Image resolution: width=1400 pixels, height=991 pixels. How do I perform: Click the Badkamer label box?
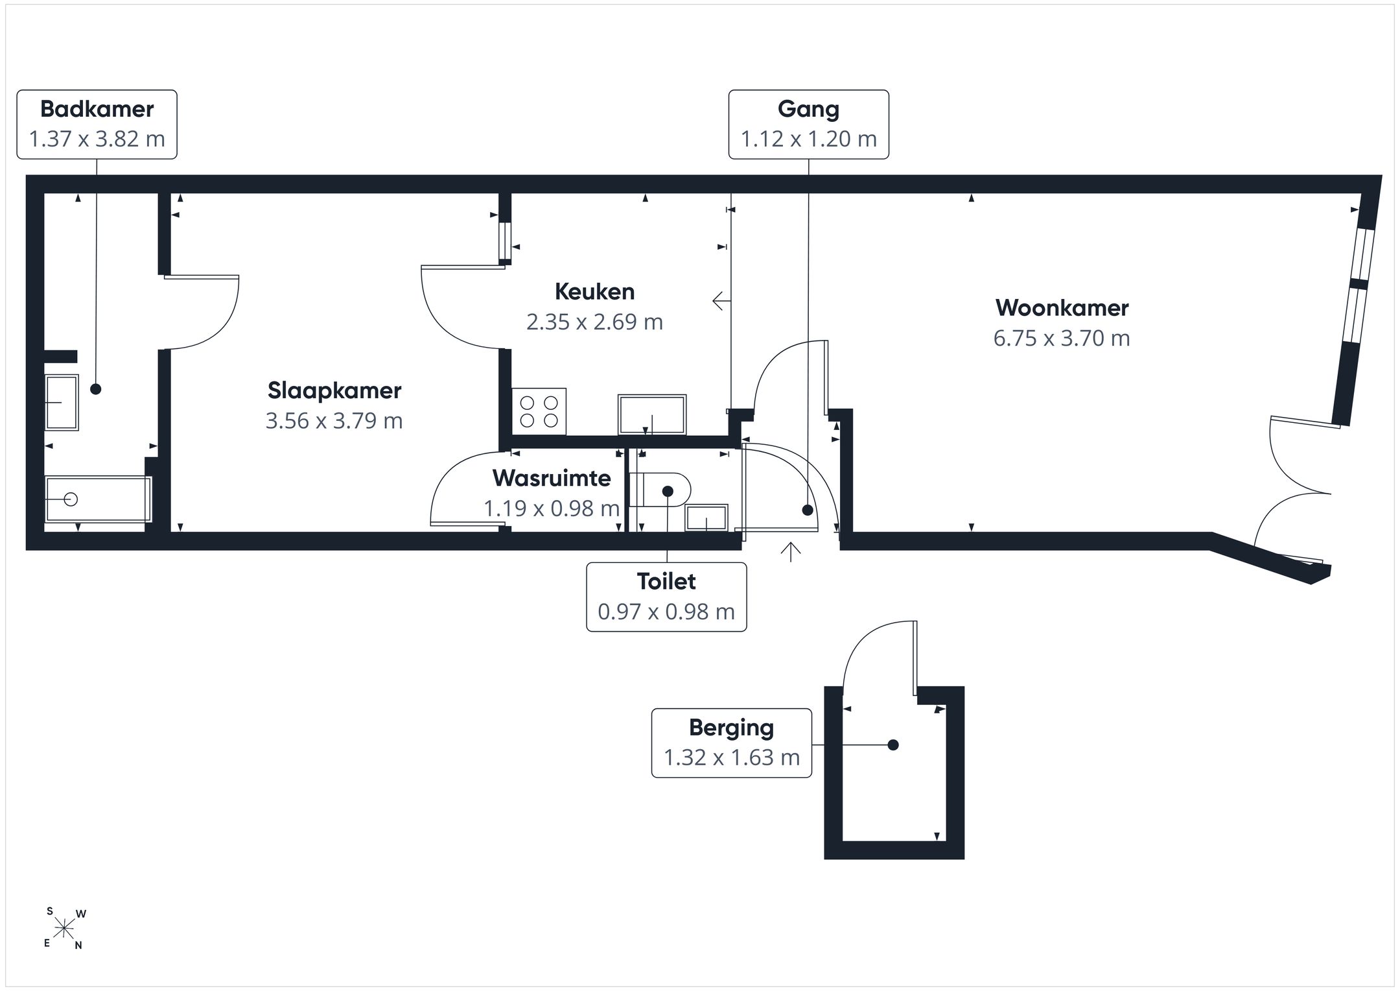tap(97, 125)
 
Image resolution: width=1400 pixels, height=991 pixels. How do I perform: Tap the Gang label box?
tap(808, 125)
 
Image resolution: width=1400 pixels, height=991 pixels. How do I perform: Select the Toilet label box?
tap(666, 597)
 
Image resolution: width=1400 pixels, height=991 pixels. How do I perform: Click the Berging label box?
tap(731, 743)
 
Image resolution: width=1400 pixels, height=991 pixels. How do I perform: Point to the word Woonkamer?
tap(1062, 307)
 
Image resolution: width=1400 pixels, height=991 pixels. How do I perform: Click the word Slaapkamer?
tap(334, 390)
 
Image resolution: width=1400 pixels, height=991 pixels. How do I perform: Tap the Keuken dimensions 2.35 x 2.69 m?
tap(594, 322)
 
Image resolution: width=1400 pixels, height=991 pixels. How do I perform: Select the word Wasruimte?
tap(552, 478)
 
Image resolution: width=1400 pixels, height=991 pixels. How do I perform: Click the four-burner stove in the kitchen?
tap(539, 412)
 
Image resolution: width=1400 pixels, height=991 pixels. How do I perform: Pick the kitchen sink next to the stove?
tap(652, 414)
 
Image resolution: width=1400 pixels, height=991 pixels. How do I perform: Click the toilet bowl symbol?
tap(660, 489)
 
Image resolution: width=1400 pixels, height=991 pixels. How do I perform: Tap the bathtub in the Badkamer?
tap(99, 499)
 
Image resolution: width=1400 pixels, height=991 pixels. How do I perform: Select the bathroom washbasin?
tap(62, 402)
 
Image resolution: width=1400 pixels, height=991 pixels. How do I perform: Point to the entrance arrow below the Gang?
tap(791, 552)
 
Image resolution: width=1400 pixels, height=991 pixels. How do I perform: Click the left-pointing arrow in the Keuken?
tap(722, 301)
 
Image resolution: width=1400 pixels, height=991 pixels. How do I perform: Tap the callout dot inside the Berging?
tap(893, 745)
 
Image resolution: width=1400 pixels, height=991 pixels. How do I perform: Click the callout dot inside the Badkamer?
tap(96, 389)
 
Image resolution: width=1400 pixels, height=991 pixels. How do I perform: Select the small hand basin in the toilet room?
tap(706, 518)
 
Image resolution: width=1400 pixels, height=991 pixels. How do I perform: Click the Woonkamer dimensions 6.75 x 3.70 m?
tap(1062, 338)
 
